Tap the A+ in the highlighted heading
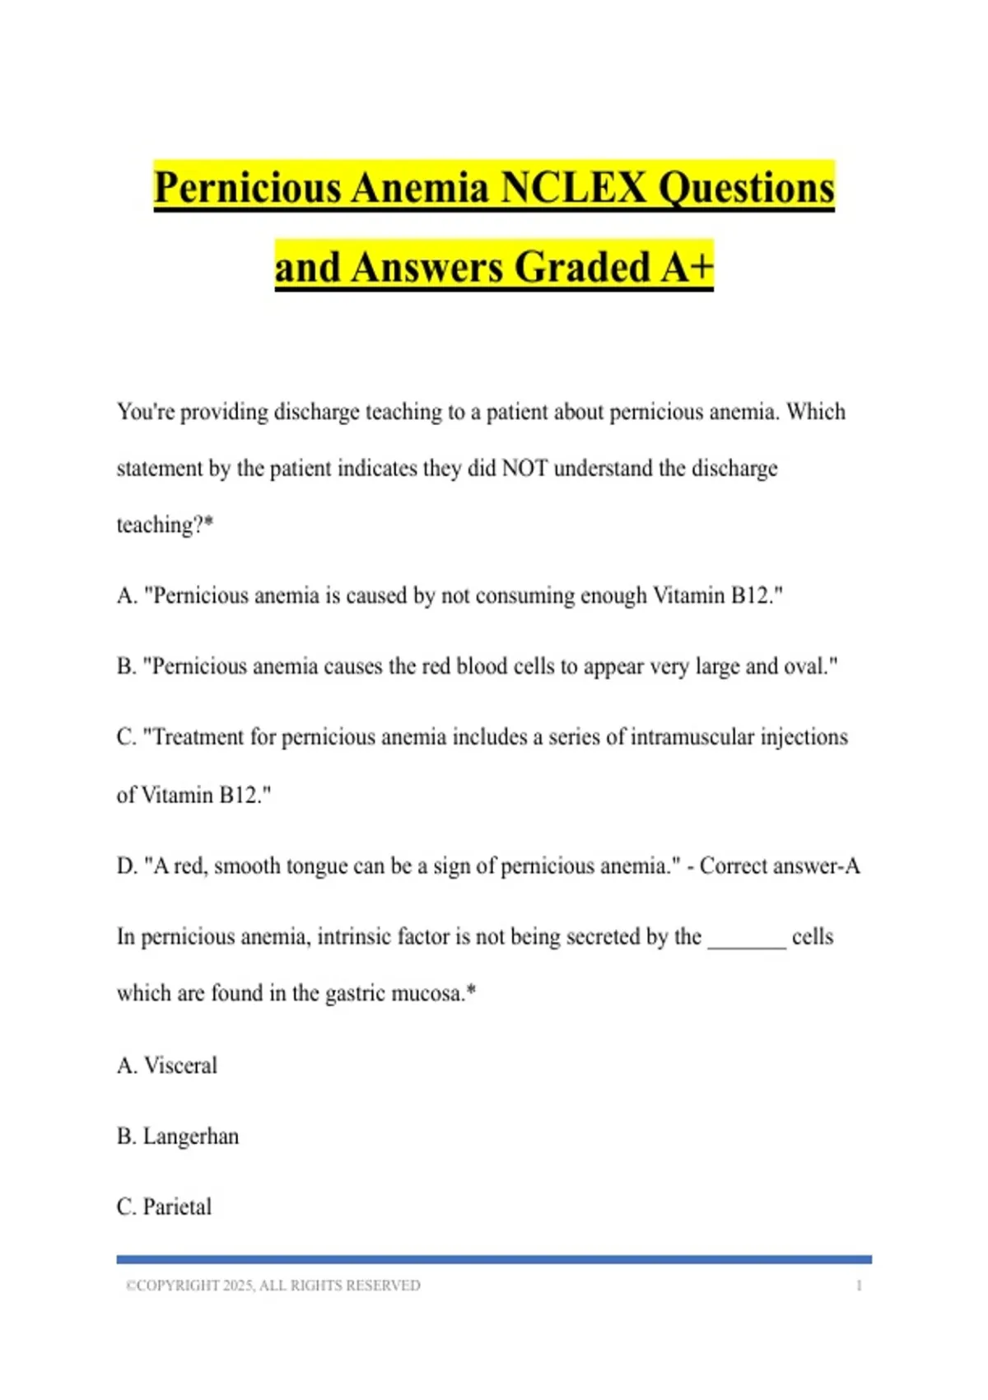687,268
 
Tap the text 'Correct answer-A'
780,866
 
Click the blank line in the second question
747,939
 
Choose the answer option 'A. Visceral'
167,1065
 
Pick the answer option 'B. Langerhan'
178,1136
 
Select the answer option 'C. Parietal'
165,1206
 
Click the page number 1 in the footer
859,1285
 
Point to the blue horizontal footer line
494,1259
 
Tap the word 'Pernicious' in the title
248,188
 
